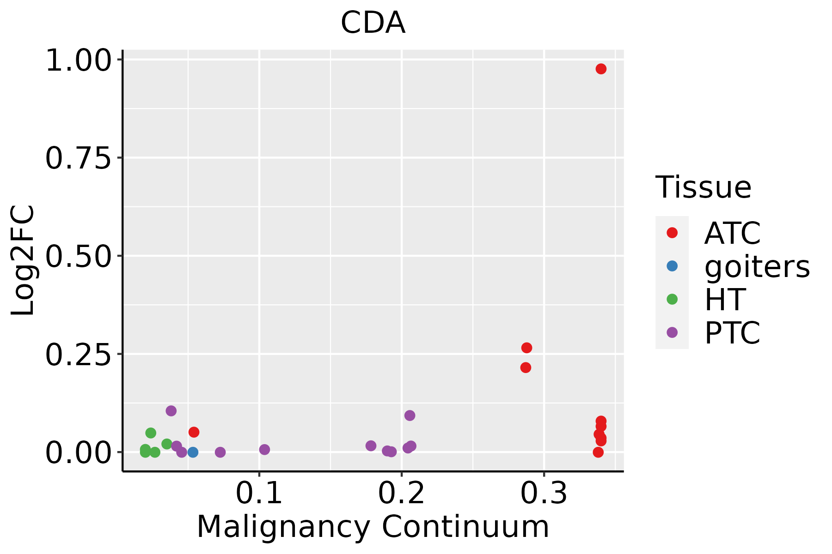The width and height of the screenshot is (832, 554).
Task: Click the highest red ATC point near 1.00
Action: (x=601, y=69)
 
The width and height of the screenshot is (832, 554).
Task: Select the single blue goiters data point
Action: (x=193, y=452)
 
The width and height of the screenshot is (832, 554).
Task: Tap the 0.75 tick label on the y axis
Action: (x=79, y=158)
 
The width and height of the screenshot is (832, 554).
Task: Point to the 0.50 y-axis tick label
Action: (x=79, y=257)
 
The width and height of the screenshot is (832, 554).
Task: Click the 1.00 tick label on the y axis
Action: (x=79, y=60)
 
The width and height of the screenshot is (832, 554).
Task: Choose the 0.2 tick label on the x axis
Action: (x=401, y=493)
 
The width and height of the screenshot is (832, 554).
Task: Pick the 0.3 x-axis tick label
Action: (x=544, y=493)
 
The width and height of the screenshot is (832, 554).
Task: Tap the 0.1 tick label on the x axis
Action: (x=259, y=493)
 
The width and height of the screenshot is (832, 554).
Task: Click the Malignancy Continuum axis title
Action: (x=373, y=527)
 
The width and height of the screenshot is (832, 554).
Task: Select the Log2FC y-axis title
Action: (x=23, y=261)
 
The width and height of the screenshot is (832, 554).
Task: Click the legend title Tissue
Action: (x=704, y=187)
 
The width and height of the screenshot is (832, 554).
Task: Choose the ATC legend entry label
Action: (x=732, y=233)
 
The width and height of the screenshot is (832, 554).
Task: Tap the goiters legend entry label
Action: (x=757, y=266)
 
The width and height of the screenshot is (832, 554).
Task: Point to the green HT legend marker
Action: (x=672, y=299)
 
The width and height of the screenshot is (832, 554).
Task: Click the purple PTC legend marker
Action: (x=672, y=332)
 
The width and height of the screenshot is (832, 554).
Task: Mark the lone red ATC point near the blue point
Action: (x=194, y=432)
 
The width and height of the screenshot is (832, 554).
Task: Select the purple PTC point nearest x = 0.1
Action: (x=264, y=450)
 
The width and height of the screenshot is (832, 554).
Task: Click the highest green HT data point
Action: (x=151, y=433)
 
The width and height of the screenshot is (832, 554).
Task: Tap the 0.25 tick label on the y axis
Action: (x=79, y=355)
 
